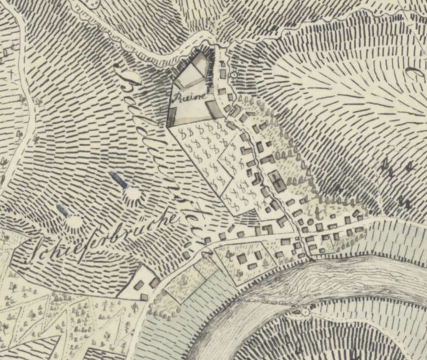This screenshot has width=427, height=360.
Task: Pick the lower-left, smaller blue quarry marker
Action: click(x=62, y=210)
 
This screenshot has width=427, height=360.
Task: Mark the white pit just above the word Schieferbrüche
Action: click(x=74, y=222)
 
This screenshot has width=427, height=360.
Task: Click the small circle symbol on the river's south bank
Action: click(x=306, y=311)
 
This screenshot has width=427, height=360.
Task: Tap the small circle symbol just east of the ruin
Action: click(x=234, y=75)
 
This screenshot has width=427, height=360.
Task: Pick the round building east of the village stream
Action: click(x=310, y=222)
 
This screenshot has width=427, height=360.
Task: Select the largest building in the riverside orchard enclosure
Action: click(x=242, y=259)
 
